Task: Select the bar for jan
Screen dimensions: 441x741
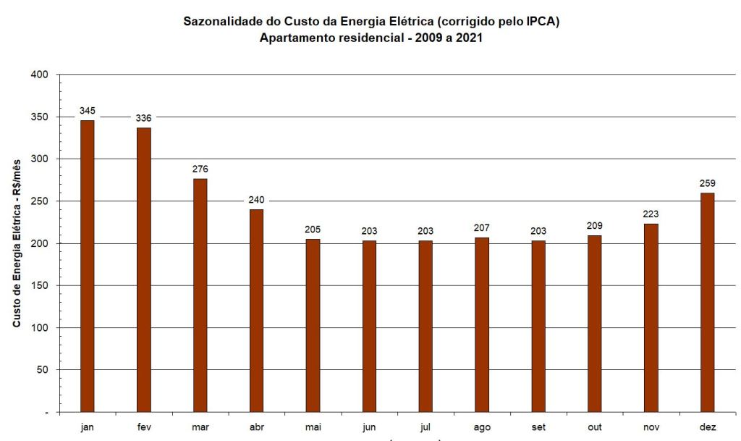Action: pos(87,266)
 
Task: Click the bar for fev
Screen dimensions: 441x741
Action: pos(143,269)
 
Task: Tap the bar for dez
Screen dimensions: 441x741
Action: pos(707,302)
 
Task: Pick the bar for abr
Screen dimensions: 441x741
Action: pos(256,310)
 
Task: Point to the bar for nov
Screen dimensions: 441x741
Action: pos(651,317)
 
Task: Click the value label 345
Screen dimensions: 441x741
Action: pos(88,111)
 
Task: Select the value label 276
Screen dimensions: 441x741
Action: pos(200,169)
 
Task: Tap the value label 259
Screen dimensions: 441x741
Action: pos(707,183)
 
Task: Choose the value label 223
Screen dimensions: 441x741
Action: pos(651,214)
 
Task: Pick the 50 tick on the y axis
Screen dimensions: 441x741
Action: pos(43,369)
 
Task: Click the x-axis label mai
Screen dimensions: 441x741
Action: pos(313,427)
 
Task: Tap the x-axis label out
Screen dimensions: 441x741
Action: pos(594,427)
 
